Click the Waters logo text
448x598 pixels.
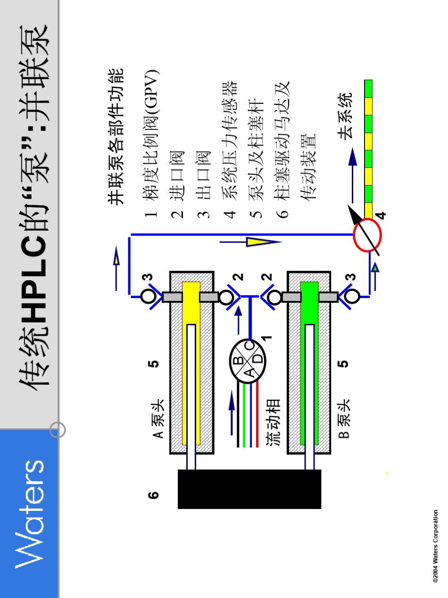pyautogui.click(x=30, y=513)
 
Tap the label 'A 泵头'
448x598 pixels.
pyautogui.click(x=158, y=419)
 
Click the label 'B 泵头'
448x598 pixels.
pyautogui.click(x=344, y=419)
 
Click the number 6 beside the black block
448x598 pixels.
pyautogui.click(x=153, y=495)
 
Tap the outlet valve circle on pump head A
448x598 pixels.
pyautogui.click(x=148, y=296)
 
